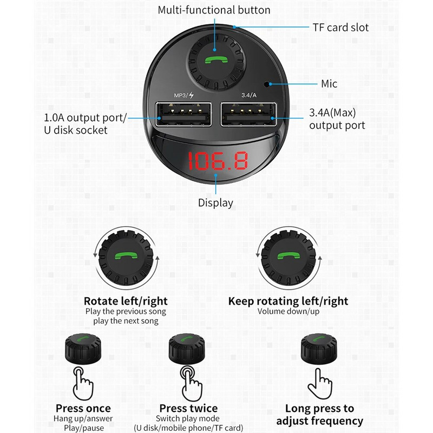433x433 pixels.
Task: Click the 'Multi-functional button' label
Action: pyautogui.click(x=214, y=10)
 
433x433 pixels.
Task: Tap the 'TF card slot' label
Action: pyautogui.click(x=340, y=27)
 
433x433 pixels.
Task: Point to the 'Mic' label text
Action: pyautogui.click(x=329, y=83)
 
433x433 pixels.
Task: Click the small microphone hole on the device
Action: pyautogui.click(x=266, y=84)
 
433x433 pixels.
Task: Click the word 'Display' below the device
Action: pyautogui.click(x=215, y=203)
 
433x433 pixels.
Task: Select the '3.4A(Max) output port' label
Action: pyautogui.click(x=337, y=119)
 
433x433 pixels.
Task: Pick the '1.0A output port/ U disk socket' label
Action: pyautogui.click(x=85, y=123)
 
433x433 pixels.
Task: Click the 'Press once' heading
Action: pyautogui.click(x=83, y=408)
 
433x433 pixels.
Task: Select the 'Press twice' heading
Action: pyautogui.click(x=188, y=408)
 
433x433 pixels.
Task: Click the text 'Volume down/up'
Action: pyautogui.click(x=288, y=311)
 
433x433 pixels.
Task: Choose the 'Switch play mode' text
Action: pyautogui.click(x=188, y=418)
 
